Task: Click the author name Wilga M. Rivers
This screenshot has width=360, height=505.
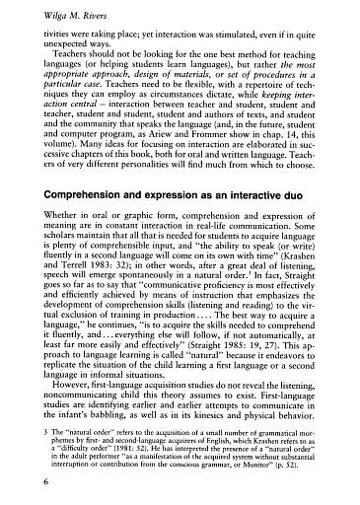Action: (51, 12)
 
